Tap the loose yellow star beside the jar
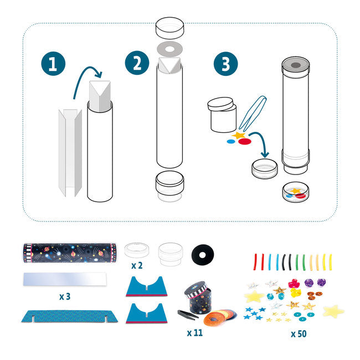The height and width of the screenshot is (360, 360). point(239,135)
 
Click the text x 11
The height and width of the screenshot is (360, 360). point(195,333)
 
